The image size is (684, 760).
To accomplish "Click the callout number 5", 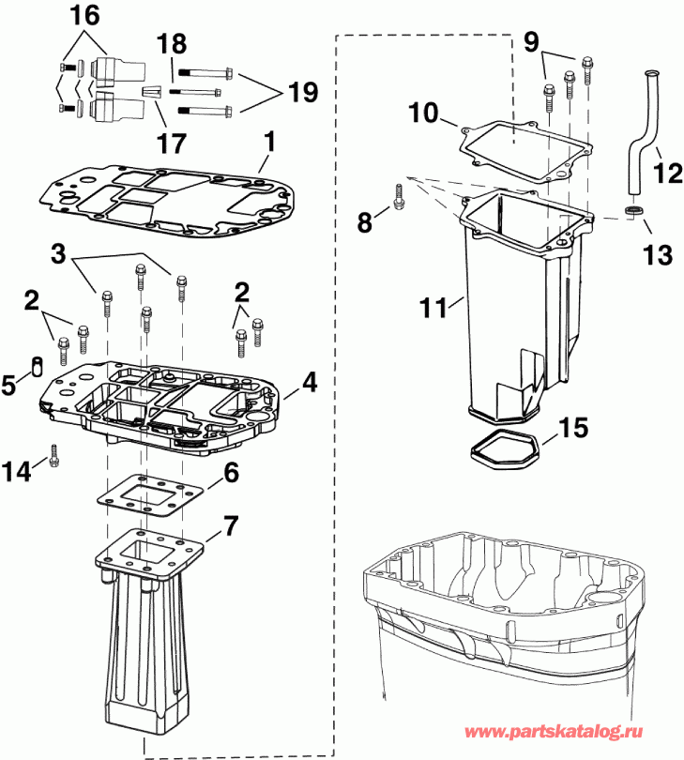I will [9, 385].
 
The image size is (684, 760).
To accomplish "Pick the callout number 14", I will [22, 466].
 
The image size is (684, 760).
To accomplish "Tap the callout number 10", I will [423, 114].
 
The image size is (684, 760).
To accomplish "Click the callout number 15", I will [575, 429].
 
